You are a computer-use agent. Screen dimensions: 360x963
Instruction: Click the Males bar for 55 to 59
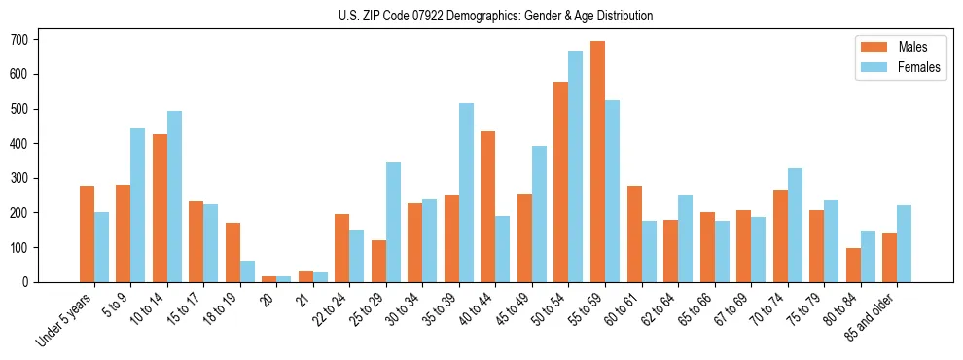(597, 162)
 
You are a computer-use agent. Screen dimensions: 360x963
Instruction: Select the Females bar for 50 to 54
(576, 166)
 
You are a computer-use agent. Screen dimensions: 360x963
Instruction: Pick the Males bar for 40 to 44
(488, 206)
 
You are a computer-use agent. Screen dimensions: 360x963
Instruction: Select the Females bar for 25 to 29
(393, 222)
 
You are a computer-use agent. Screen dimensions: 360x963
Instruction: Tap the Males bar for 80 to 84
(853, 265)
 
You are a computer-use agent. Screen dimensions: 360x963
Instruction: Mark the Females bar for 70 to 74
(795, 225)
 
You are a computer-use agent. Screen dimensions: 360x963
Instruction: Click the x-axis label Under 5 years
(65, 318)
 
